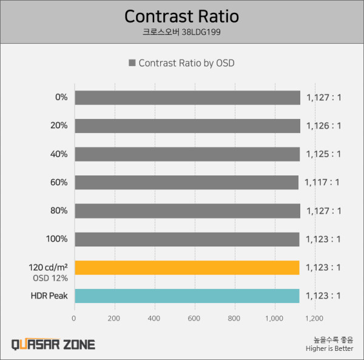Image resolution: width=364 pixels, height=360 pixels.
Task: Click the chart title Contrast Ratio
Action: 181,16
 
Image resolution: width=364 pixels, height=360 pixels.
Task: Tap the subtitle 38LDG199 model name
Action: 181,32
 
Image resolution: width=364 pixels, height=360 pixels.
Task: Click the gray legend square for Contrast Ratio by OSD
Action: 132,63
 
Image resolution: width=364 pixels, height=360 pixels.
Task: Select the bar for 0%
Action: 187,97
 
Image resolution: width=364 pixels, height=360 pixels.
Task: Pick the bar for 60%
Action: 186,182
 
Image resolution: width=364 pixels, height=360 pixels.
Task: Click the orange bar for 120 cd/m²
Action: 186,267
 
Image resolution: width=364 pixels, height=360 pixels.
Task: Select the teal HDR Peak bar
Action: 186,296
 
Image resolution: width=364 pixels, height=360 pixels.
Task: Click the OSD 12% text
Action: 50,278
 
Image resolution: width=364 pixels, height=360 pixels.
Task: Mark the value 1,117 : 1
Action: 323,182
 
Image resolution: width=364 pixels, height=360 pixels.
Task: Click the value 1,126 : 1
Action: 323,126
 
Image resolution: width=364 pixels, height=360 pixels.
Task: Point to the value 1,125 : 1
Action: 323,154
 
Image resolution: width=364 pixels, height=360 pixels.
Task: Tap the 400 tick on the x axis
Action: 155,318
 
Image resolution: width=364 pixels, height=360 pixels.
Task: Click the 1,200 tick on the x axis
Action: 315,318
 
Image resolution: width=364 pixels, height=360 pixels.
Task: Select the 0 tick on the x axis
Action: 74,318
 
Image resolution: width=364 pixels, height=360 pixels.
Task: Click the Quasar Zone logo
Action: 53,344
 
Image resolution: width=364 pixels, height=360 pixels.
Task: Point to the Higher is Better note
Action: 329,348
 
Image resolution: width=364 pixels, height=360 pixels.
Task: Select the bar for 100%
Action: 186,239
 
